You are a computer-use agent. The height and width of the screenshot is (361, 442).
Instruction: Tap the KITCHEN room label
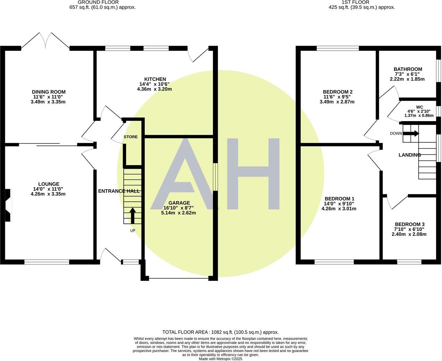click(x=155, y=79)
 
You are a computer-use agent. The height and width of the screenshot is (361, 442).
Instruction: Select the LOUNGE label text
click(x=48, y=184)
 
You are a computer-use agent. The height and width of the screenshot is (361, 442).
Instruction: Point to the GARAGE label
click(x=179, y=203)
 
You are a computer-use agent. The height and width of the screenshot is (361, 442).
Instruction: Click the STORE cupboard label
click(x=131, y=137)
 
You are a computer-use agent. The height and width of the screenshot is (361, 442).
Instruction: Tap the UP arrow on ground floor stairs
click(x=132, y=216)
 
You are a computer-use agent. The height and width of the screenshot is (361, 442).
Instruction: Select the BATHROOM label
click(x=408, y=69)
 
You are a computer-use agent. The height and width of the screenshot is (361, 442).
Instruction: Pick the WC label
click(x=419, y=107)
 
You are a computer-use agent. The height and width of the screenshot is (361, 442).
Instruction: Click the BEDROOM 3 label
click(x=409, y=224)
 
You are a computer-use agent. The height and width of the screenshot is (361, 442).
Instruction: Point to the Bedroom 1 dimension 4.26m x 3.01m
click(x=339, y=209)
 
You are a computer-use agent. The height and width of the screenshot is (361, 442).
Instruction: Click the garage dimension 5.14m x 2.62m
click(x=179, y=213)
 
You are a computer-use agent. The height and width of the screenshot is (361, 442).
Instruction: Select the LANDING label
click(x=409, y=155)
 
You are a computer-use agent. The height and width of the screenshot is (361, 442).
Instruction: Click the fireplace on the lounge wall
click(x=8, y=205)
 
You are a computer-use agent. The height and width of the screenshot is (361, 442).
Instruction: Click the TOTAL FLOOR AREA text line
click(x=220, y=332)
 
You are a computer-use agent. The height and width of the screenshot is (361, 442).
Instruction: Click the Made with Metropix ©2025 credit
click(x=220, y=359)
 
